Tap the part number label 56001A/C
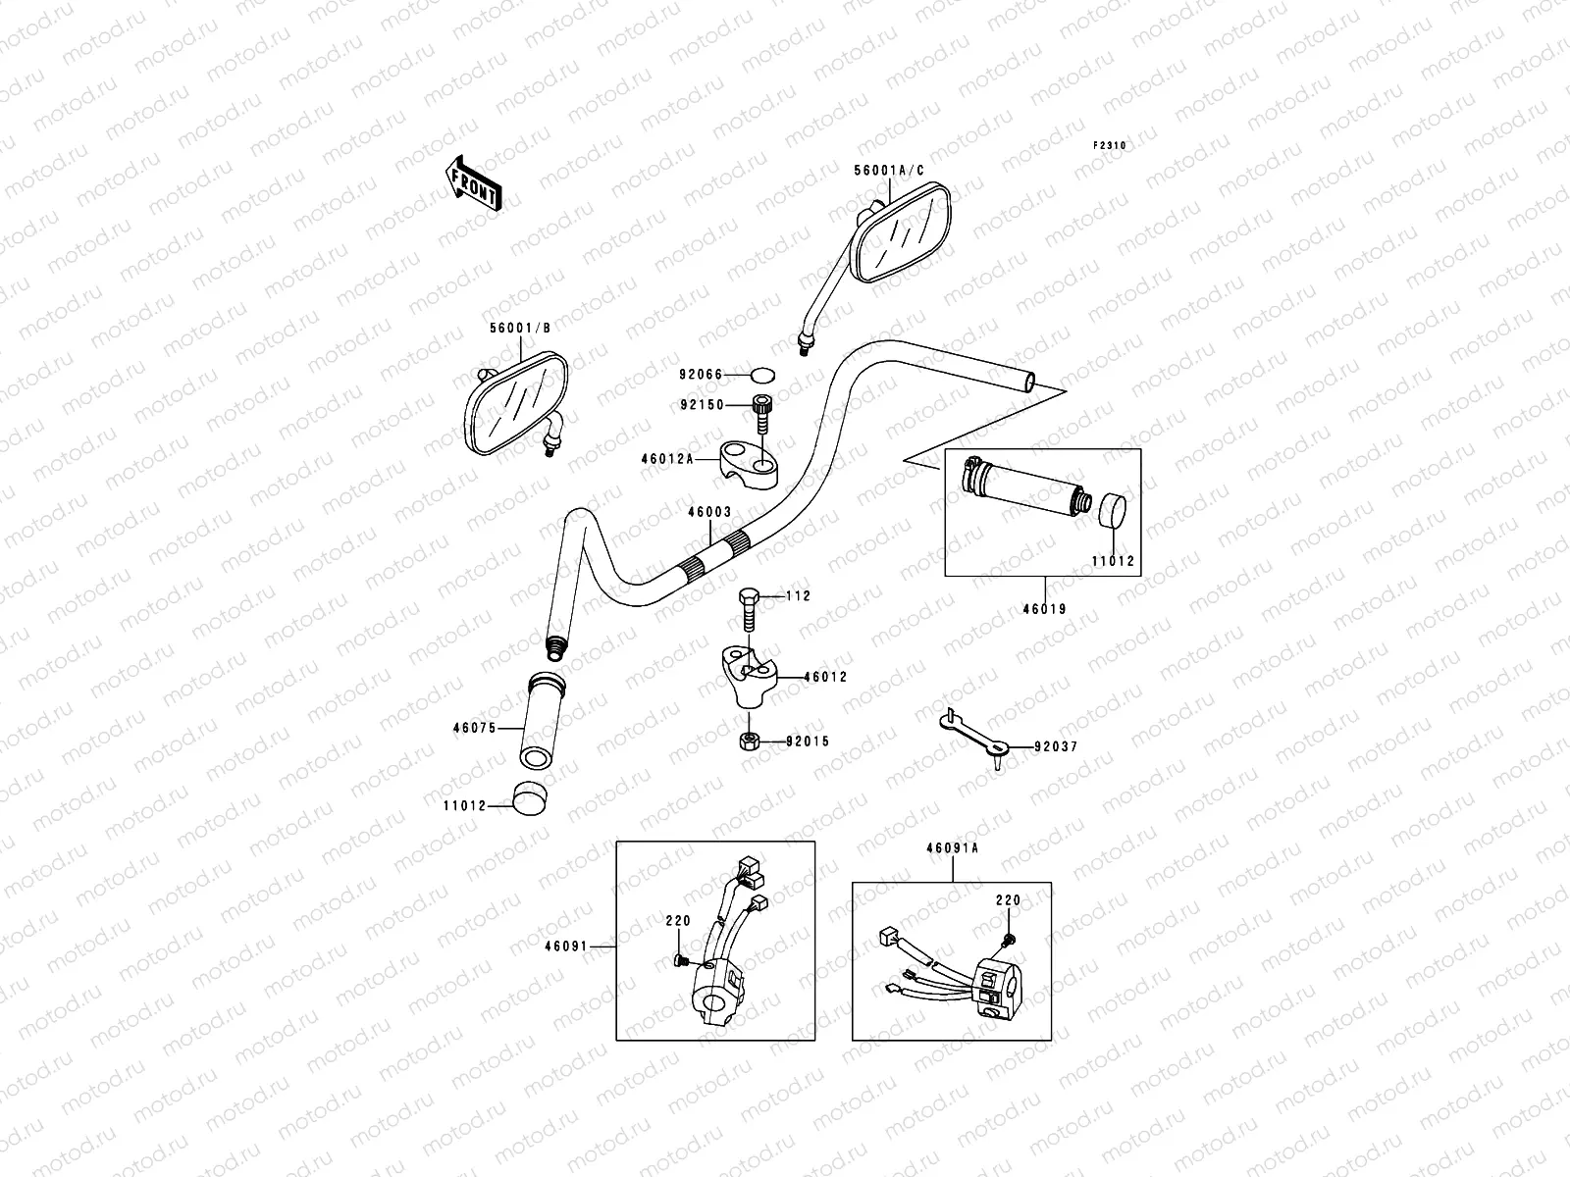pos(889,171)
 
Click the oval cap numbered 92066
pos(762,375)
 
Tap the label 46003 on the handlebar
pos(708,512)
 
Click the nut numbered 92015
pos(748,741)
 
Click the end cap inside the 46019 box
pos(1113,513)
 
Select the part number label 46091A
pos(951,849)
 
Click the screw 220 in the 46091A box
pos(1008,941)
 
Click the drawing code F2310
pos(1111,145)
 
